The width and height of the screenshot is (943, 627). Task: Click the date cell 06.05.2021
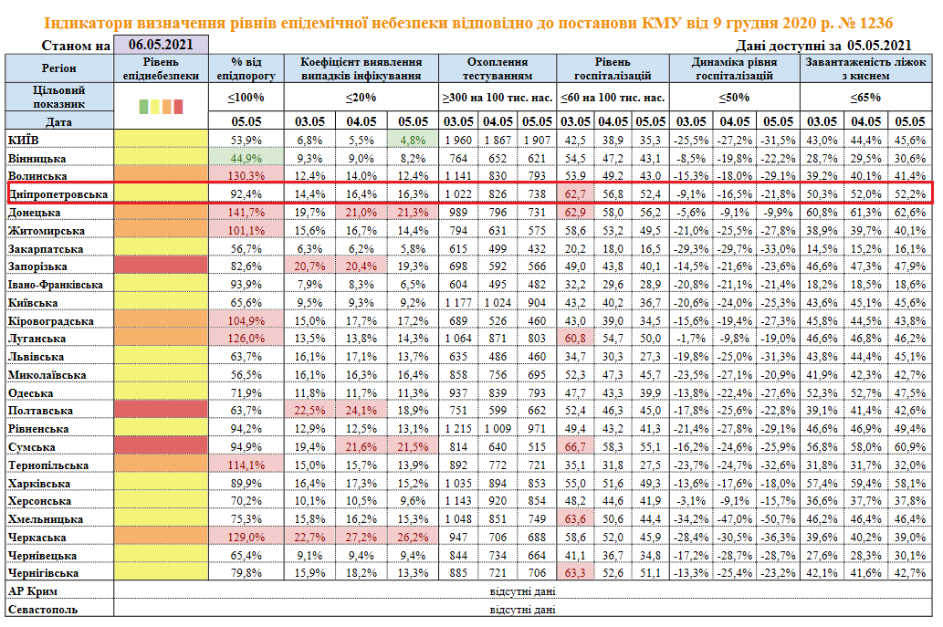[x=160, y=45]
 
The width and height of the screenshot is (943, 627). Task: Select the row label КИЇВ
[x=24, y=140]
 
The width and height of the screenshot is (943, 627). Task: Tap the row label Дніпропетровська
[x=58, y=194]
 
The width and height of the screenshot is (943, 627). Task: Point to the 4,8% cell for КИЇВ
[x=413, y=140]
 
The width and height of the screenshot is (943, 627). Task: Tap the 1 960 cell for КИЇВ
[x=458, y=140]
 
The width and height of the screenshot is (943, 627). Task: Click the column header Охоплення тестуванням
[x=498, y=68]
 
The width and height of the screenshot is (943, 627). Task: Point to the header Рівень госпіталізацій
[x=612, y=68]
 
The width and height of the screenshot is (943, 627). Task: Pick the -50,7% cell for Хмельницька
[x=777, y=519]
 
